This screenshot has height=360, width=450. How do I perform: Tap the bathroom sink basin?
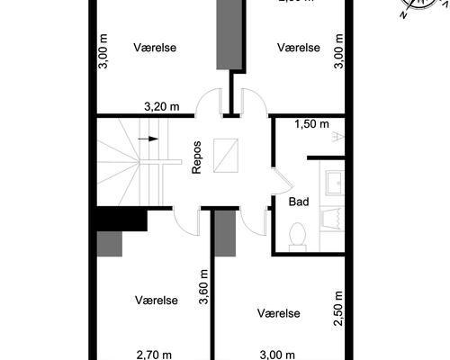(334, 183)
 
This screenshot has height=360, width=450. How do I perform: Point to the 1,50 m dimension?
(312, 124)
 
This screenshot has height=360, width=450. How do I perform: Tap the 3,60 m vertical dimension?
(204, 287)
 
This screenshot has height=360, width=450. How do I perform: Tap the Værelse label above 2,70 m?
(157, 300)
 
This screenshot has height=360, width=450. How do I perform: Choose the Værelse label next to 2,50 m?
(278, 313)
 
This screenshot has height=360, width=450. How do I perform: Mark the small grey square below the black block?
(109, 243)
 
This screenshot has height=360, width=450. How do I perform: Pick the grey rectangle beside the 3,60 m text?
(224, 231)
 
